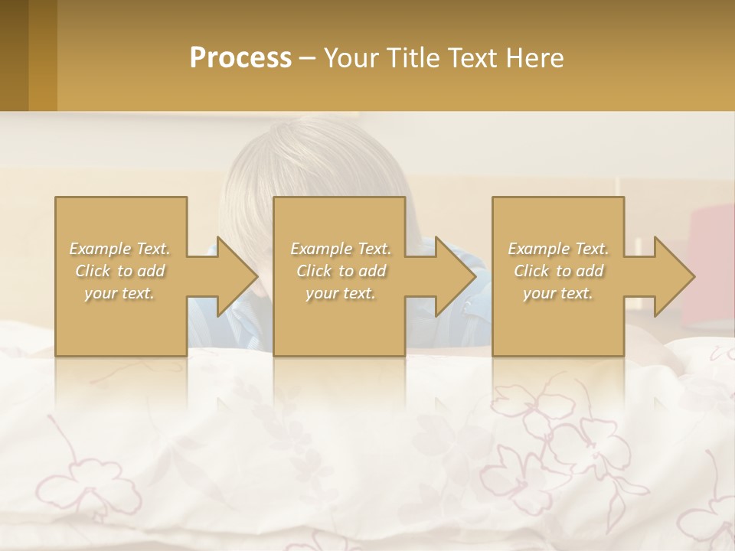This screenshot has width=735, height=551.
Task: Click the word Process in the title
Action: point(240,58)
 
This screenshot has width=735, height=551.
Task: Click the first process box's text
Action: point(119,271)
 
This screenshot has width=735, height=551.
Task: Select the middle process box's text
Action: point(340,271)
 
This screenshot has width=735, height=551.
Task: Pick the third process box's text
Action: point(558,271)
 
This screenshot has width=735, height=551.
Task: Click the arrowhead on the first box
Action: point(234,276)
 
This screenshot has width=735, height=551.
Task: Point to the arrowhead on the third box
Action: point(671,276)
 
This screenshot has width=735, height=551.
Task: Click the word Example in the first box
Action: point(99,249)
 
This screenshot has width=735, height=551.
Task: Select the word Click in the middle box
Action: point(313,271)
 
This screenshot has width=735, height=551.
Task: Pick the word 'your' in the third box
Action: point(540,293)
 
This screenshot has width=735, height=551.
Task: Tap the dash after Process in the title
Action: point(308,58)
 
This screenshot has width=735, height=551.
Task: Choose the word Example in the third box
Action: point(538,249)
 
